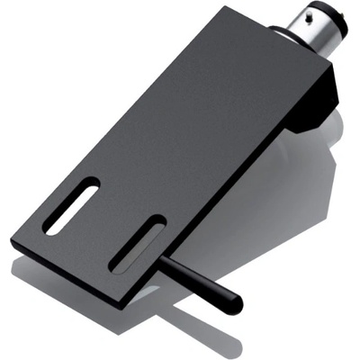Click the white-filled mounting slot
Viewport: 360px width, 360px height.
click(73, 206)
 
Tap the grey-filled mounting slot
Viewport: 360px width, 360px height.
click(137, 244)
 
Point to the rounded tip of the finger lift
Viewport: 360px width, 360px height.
click(236, 303)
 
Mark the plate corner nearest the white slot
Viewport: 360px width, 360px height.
click(14, 241)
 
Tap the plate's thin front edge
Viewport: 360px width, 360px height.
click(72, 273)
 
